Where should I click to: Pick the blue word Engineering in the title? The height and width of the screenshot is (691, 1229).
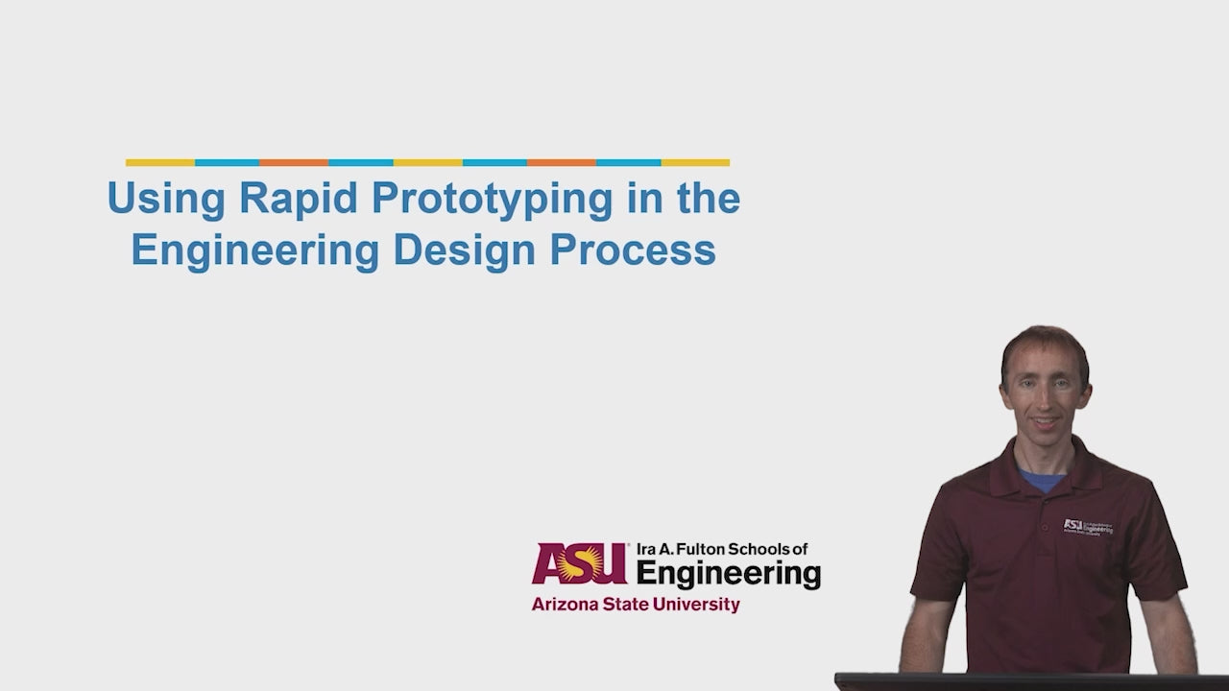point(255,251)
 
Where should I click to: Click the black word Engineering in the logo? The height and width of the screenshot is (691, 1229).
point(728,574)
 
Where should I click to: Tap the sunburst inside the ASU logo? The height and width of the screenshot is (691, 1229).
point(580,562)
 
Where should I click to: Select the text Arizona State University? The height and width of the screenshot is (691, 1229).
point(635,605)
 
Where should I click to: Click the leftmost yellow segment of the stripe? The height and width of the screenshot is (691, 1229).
point(159,163)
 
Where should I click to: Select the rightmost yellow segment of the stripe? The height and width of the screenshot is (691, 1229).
point(695,163)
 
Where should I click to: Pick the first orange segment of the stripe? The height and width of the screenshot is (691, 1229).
point(294,163)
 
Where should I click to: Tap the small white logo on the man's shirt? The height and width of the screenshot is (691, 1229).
point(1088,527)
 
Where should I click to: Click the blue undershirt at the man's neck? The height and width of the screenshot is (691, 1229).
point(1042,480)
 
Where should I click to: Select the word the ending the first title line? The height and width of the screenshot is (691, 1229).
point(709,199)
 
